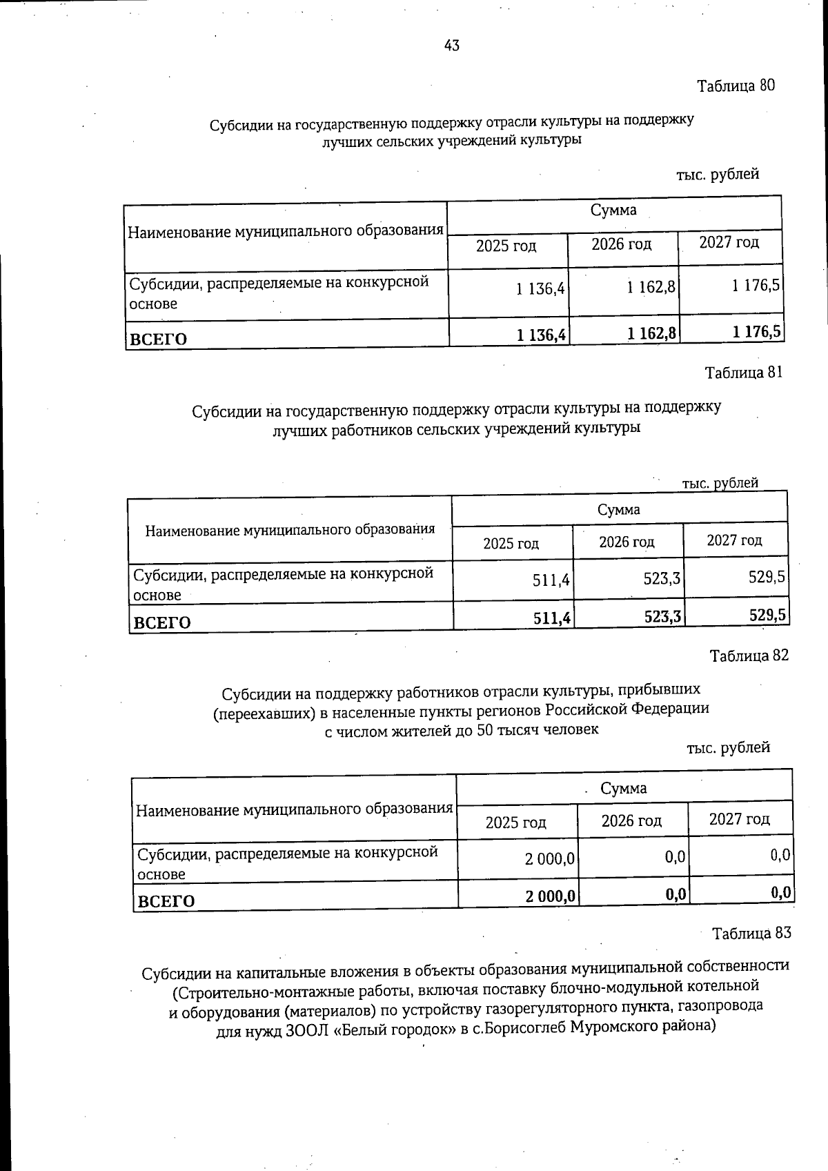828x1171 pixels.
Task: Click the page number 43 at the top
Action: point(452,46)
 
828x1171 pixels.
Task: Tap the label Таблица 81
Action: point(743,373)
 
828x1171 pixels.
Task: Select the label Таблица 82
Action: point(749,656)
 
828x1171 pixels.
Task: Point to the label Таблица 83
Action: point(751,934)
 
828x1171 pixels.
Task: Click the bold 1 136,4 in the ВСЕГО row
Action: point(542,335)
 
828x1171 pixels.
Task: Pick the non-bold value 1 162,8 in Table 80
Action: point(651,287)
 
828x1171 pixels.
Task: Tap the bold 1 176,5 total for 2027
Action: point(757,333)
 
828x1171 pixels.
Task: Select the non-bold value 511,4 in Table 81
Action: point(551,581)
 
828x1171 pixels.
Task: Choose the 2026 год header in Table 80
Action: point(621,244)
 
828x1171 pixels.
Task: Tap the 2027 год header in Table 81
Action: point(734,540)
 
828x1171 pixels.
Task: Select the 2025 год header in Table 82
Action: point(515,823)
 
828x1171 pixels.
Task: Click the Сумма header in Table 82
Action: point(623,788)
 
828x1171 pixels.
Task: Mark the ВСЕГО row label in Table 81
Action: point(161,622)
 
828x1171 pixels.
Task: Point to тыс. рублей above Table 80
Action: point(718,174)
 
